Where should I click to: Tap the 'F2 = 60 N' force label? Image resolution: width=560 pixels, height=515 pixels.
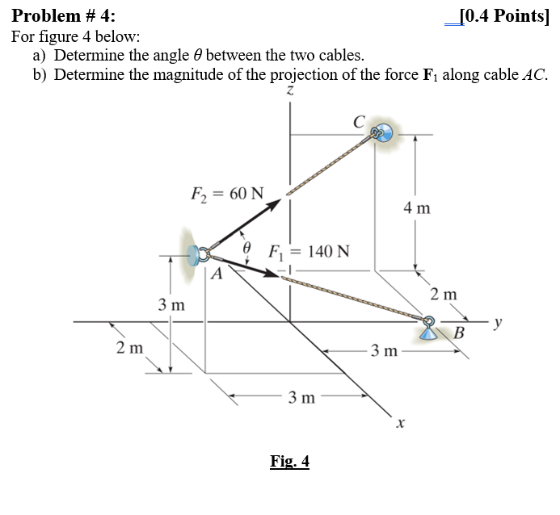click(x=226, y=195)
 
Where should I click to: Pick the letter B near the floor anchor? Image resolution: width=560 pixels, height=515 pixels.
click(x=460, y=333)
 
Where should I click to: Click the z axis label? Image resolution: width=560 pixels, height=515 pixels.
click(x=288, y=95)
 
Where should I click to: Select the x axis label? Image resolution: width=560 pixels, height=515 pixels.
click(x=398, y=421)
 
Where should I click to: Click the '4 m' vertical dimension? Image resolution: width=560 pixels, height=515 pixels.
click(x=417, y=209)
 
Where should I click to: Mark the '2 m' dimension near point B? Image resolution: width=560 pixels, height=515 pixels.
click(x=444, y=295)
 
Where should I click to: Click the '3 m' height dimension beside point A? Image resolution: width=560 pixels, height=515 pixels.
click(x=171, y=305)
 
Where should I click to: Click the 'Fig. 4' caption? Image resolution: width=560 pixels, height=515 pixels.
click(x=289, y=462)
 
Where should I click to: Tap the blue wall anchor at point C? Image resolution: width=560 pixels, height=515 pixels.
click(x=385, y=132)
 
